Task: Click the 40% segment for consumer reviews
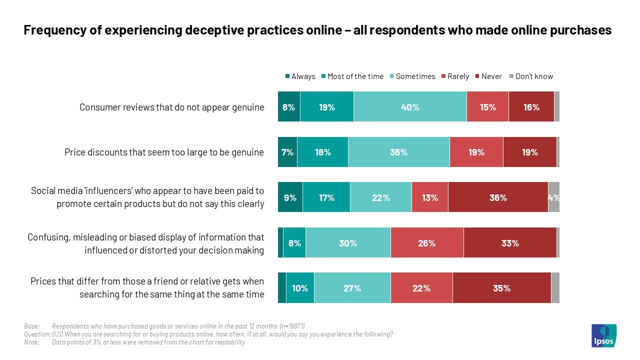pyautogui.click(x=410, y=107)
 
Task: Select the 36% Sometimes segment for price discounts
pyautogui.click(x=398, y=152)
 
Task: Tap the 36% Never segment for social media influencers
pyautogui.click(x=498, y=198)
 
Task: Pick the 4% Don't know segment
pyautogui.click(x=553, y=198)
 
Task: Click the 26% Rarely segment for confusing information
pyautogui.click(x=427, y=243)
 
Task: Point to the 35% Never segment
pyautogui.click(x=501, y=288)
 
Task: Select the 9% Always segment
pyautogui.click(x=290, y=198)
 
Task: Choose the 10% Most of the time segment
pyautogui.click(x=300, y=288)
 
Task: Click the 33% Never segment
pyautogui.click(x=510, y=243)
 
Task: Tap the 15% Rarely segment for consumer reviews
pyautogui.click(x=487, y=107)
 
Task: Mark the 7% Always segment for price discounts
pyautogui.click(x=287, y=152)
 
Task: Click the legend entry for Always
pyautogui.click(x=300, y=76)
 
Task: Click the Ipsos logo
pyautogui.click(x=604, y=335)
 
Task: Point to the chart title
pyautogui.click(x=317, y=30)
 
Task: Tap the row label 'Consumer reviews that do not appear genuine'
pyautogui.click(x=171, y=107)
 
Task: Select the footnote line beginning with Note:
pyautogui.click(x=135, y=342)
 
